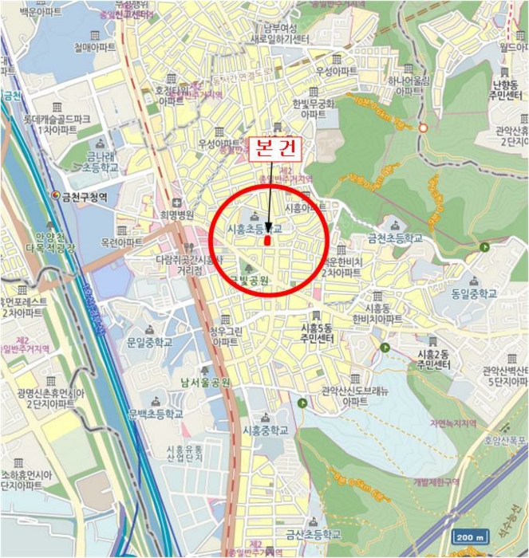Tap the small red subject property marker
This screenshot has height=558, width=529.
[x=267, y=238]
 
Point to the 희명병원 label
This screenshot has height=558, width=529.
[x=176, y=214]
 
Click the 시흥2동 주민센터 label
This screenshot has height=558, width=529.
[x=428, y=360]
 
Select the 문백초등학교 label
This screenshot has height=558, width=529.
[x=155, y=414]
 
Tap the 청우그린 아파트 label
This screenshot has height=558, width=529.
[x=212, y=336]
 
